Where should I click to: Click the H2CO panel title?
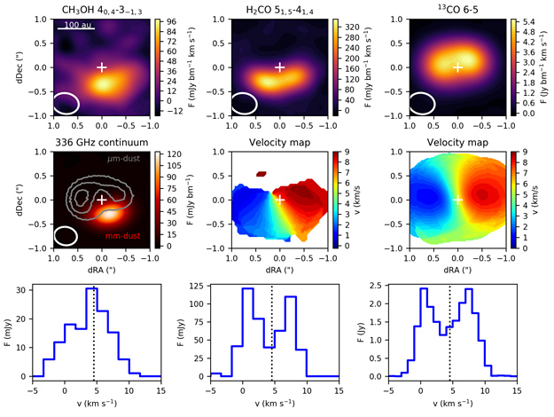(280, 9)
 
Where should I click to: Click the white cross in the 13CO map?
(457, 67)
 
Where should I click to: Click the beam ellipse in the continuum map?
(66, 236)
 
